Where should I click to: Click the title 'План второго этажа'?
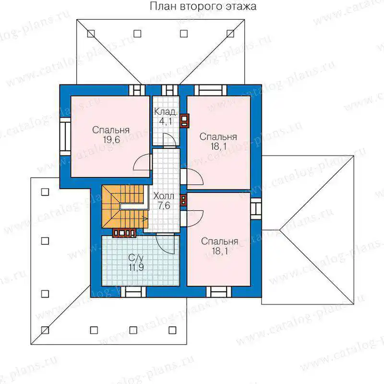[x=203, y=6]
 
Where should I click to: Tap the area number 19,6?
[x=111, y=140]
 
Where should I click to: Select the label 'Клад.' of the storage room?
[x=166, y=112]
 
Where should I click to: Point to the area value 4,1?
[x=166, y=121]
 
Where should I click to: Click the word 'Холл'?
[x=164, y=196]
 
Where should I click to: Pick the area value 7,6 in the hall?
[x=164, y=206]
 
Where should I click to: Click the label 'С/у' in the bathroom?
[x=136, y=258]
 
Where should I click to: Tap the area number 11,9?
[x=136, y=267]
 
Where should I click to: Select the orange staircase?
[x=125, y=206]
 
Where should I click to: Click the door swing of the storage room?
[x=169, y=140]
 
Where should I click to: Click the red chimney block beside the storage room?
[x=184, y=121]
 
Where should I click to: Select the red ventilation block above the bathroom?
[x=124, y=233]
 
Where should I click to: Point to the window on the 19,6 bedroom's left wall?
[x=65, y=136]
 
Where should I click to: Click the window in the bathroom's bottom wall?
[x=133, y=292]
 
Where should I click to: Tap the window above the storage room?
[x=170, y=90]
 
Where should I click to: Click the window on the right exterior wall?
[x=256, y=209]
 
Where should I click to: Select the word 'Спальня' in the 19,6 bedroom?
[x=111, y=130]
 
